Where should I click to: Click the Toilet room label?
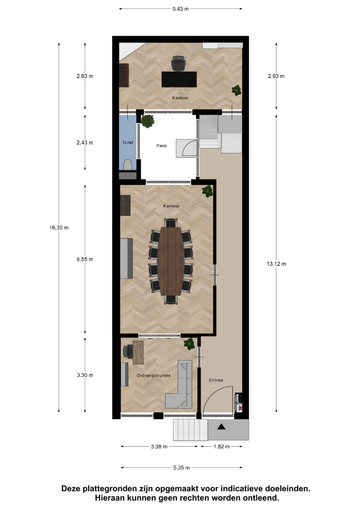click(128, 143)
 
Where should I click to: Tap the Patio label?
click(162, 145)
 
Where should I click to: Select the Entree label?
click(216, 380)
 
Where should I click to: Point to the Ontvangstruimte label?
click(154, 375)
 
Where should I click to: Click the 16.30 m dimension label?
click(59, 227)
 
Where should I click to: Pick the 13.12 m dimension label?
click(276, 264)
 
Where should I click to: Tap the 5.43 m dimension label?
click(180, 9)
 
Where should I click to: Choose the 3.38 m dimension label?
click(159, 447)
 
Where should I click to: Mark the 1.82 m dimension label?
click(222, 447)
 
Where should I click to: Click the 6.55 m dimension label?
click(85, 259)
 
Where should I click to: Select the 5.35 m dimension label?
click(181, 467)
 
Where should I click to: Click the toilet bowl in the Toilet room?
click(128, 165)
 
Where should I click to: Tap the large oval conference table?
click(171, 261)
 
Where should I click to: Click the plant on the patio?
click(148, 121)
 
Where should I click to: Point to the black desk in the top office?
click(179, 79)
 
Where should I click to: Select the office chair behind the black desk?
click(179, 63)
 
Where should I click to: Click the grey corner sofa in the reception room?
click(179, 384)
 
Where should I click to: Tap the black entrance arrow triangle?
click(221, 427)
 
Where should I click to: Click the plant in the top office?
click(236, 90)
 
